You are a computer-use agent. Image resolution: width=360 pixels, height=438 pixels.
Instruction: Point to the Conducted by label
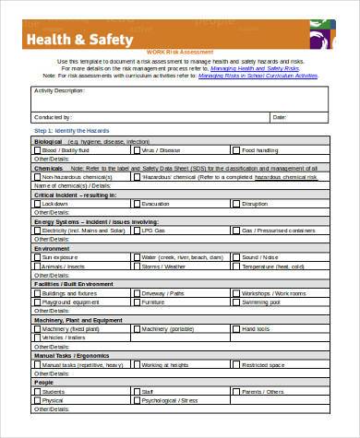pos(54,117)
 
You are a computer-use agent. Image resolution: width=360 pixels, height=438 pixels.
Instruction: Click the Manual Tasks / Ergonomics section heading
pos(70,354)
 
